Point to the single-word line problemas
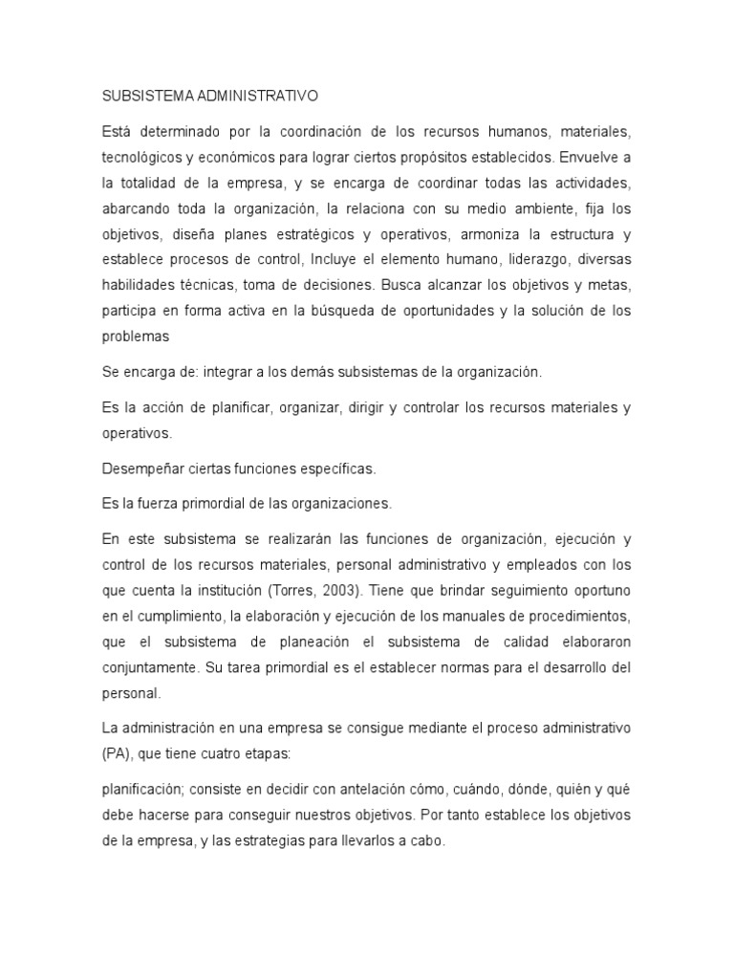(x=135, y=337)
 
